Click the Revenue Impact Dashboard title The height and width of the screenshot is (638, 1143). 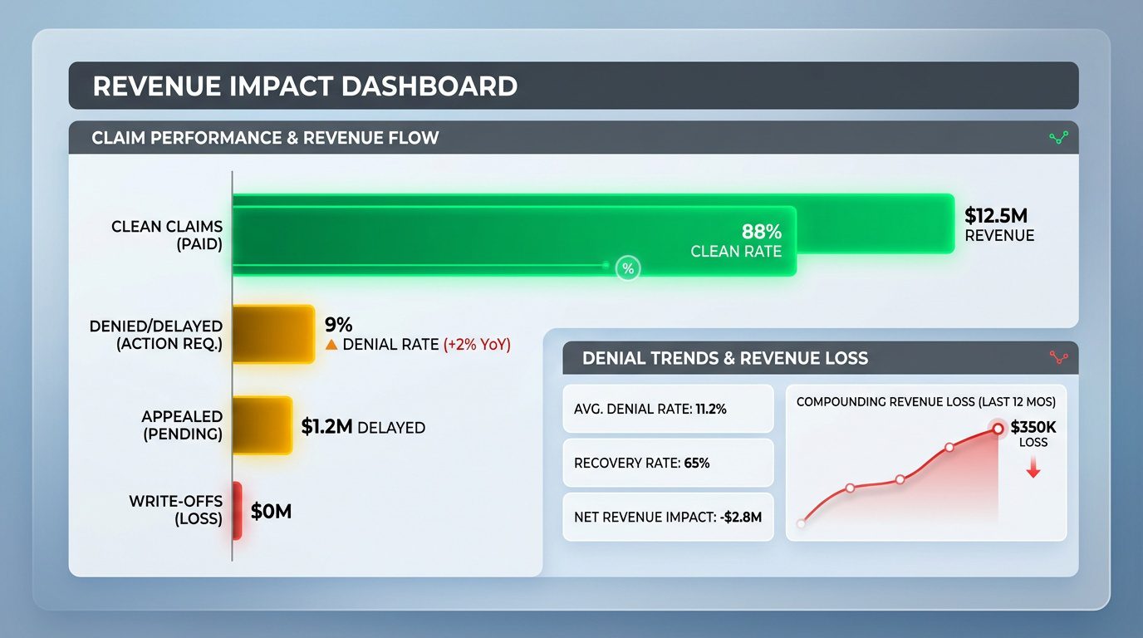point(305,86)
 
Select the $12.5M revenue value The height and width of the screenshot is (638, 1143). point(996,216)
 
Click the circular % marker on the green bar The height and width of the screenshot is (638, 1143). point(628,267)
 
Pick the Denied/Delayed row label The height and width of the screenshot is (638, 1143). point(155,334)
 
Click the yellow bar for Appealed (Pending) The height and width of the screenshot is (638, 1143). point(262,425)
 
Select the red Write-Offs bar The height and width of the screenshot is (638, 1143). point(237,510)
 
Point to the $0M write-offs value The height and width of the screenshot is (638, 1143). point(271,511)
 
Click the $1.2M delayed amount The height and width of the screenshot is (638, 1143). point(327,427)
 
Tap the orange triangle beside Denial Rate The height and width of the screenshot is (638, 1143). point(331,345)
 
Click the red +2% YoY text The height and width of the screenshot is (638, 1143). point(477,345)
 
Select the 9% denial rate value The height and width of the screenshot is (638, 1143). point(339,325)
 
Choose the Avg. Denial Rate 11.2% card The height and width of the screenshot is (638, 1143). point(668,409)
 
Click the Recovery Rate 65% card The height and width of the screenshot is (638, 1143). point(668,463)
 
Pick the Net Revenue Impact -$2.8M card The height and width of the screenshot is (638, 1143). point(668,517)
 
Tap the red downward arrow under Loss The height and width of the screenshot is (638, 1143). point(1033,469)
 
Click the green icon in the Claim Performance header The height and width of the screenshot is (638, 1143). point(1058,138)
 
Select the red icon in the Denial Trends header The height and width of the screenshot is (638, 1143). point(1058,358)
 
